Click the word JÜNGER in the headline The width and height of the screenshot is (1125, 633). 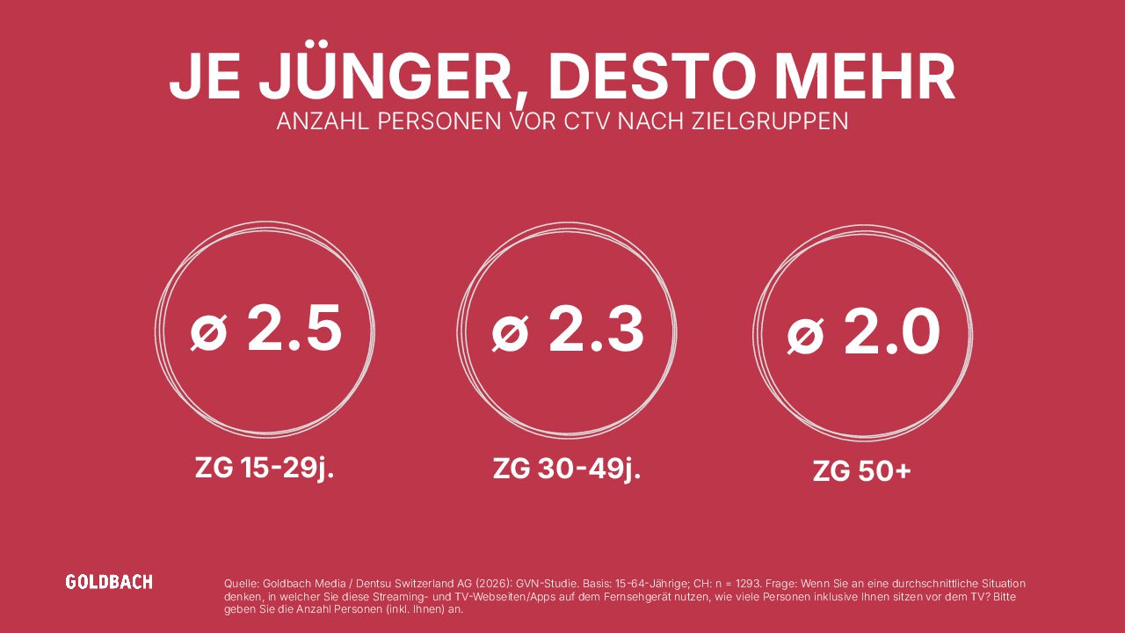click(386, 76)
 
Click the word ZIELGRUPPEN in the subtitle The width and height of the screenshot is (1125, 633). click(770, 122)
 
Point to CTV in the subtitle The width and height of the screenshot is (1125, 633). click(588, 122)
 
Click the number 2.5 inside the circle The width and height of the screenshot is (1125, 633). click(294, 329)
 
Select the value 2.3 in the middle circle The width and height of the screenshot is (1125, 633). click(596, 329)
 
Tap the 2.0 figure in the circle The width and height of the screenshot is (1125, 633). click(892, 331)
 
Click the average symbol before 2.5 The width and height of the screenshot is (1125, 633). click(208, 332)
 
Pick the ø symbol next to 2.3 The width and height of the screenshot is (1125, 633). click(510, 333)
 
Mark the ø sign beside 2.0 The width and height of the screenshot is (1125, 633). click(806, 335)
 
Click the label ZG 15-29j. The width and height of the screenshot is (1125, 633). click(265, 469)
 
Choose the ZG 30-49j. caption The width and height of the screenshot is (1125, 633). click(567, 469)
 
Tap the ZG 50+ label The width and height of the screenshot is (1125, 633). click(862, 472)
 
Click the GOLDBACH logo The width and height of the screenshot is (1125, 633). click(109, 582)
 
